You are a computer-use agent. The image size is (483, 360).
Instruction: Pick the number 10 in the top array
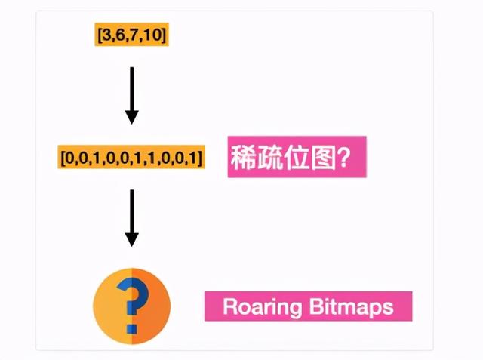(x=143, y=34)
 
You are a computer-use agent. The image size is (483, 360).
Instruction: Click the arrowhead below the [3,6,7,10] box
(x=131, y=116)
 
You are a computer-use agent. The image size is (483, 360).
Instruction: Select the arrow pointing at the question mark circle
(x=131, y=219)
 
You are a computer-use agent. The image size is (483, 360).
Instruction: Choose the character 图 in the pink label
(x=324, y=157)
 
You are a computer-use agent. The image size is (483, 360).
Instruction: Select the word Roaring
(x=257, y=307)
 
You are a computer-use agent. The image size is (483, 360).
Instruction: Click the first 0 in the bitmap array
(x=67, y=158)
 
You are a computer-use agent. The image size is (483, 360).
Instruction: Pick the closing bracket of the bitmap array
(x=200, y=158)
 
